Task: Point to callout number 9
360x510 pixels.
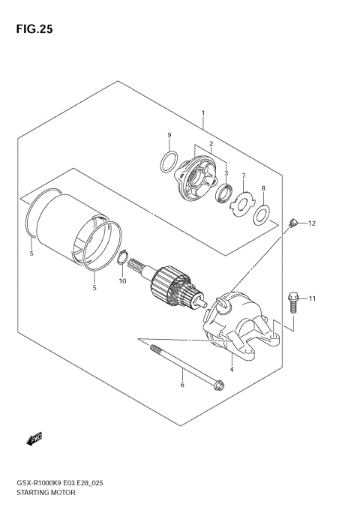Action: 169,135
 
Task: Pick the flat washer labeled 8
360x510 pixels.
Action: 261,216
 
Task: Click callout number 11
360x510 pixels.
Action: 313,298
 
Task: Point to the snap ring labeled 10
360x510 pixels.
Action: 123,259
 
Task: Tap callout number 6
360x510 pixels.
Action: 181,385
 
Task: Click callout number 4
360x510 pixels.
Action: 232,369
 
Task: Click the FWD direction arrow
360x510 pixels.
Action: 34,437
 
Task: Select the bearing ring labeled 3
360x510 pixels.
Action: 223,196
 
